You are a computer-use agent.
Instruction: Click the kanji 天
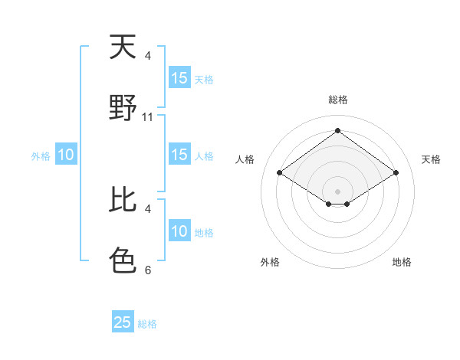pyautogui.click(x=123, y=47)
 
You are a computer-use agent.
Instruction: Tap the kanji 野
pyautogui.click(x=123, y=108)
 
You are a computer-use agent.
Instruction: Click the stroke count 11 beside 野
pyautogui.click(x=148, y=117)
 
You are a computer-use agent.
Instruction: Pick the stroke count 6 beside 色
pyautogui.click(x=148, y=270)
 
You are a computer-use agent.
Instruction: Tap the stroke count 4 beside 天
pyautogui.click(x=148, y=56)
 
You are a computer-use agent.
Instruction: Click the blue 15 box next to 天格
pyautogui.click(x=179, y=78)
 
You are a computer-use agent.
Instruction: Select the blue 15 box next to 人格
pyautogui.click(x=179, y=155)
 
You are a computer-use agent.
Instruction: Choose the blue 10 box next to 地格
pyautogui.click(x=179, y=231)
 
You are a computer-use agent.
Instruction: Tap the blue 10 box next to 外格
pyautogui.click(x=66, y=155)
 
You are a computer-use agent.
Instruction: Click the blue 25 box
pyautogui.click(x=123, y=322)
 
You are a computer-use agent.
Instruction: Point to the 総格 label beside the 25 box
pyautogui.click(x=147, y=324)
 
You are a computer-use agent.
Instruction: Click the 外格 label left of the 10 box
pyautogui.click(x=41, y=156)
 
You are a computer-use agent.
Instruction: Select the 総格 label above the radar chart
pyautogui.click(x=338, y=100)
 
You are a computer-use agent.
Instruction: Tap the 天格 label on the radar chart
pyautogui.click(x=432, y=159)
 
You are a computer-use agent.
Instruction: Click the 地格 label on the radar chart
pyautogui.click(x=402, y=262)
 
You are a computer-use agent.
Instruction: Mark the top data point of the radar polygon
pyautogui.click(x=338, y=130)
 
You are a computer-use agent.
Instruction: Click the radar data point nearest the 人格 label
pyautogui.click(x=280, y=173)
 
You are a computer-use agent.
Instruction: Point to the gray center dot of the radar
pyautogui.click(x=338, y=191)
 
